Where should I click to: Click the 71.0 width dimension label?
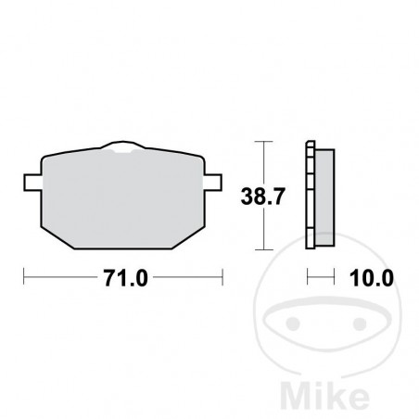[124, 276]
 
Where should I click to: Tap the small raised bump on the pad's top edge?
[123, 146]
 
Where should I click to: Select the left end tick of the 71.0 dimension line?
[25, 276]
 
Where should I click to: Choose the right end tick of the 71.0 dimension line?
[222, 276]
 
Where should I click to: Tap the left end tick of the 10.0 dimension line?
[309, 276]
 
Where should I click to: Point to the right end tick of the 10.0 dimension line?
[333, 276]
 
